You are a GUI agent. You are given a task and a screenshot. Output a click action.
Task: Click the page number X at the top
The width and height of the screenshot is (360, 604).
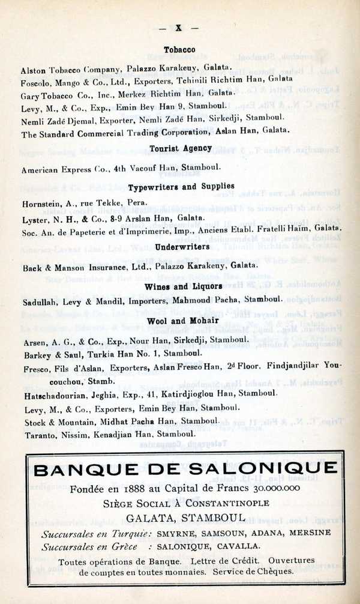pyautogui.click(x=178, y=28)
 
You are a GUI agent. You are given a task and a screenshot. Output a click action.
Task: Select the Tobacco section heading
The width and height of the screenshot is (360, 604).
pyautogui.click(x=179, y=50)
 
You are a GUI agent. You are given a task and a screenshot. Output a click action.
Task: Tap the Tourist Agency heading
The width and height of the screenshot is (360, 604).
pyautogui.click(x=180, y=148)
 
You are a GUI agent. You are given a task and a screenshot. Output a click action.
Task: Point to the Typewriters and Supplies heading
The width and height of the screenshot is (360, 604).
pyautogui.click(x=181, y=187)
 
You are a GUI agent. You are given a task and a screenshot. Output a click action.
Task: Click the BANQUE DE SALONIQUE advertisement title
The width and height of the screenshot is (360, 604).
pyautogui.click(x=185, y=470)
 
